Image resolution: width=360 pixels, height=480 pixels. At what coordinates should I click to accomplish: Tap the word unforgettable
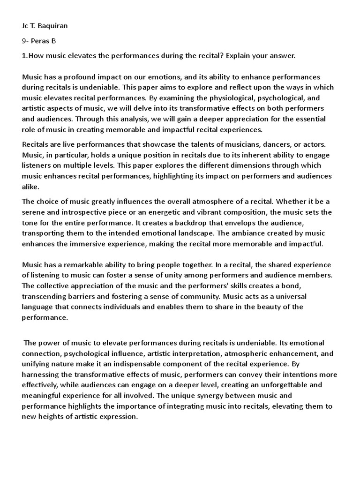(285, 385)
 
